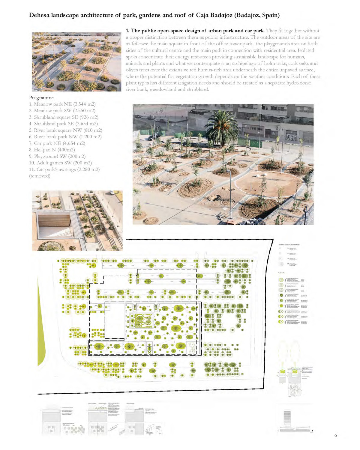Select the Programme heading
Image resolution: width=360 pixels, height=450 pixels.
tap(41, 97)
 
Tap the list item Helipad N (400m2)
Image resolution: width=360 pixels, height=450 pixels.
tap(52, 150)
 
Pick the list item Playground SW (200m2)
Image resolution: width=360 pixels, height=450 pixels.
tap(57, 156)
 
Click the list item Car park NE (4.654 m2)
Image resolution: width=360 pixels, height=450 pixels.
tap(57, 143)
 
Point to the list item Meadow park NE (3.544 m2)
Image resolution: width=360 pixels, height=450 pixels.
tap(62, 104)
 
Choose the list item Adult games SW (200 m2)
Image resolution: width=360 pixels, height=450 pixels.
tap(60, 163)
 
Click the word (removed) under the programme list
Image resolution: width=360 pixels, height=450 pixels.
tap(40, 176)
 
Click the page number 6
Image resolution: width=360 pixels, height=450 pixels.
tap(335, 435)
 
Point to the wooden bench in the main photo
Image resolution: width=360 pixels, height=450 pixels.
tap(231, 222)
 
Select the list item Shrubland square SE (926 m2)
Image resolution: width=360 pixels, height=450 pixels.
tap(64, 117)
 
